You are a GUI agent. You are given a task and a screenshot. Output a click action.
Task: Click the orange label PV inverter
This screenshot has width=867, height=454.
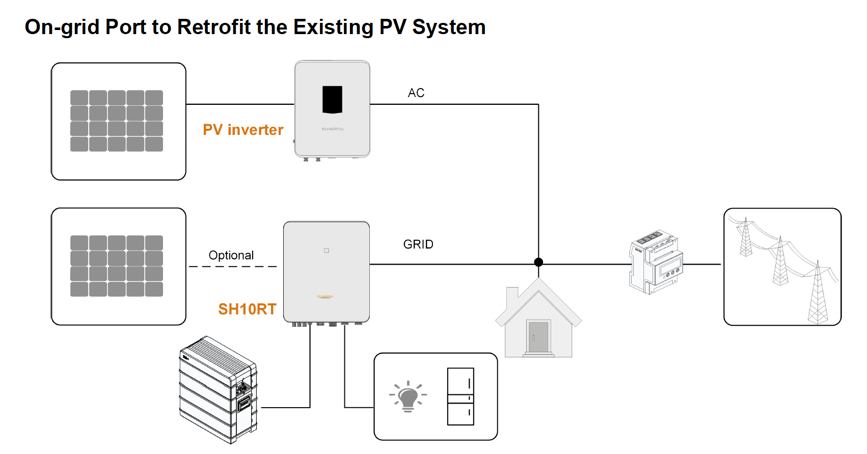click(243, 130)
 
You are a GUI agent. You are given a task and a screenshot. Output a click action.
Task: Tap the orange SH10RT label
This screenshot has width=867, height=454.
click(247, 309)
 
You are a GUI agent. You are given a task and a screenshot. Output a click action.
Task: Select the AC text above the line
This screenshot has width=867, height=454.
click(416, 93)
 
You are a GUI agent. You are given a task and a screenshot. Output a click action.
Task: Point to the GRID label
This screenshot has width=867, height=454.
click(418, 244)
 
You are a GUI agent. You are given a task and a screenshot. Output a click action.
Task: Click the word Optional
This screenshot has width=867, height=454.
click(231, 255)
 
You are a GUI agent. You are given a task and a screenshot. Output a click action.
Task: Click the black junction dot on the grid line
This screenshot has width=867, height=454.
click(538, 262)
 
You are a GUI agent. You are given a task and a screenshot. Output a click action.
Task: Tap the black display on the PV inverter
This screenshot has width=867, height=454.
click(332, 99)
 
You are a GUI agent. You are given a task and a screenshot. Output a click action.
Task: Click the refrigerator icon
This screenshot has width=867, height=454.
click(460, 396)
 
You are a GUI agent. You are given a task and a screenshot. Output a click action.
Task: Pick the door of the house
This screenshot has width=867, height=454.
click(538, 336)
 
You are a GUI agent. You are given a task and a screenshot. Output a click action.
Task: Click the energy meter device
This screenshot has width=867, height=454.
click(656, 262)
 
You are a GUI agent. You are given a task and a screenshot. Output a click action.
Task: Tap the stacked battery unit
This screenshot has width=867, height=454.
click(218, 389)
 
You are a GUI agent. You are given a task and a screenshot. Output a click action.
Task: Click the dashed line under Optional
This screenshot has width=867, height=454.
click(233, 266)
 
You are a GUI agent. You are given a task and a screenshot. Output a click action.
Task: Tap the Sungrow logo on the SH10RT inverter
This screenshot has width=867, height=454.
click(325, 296)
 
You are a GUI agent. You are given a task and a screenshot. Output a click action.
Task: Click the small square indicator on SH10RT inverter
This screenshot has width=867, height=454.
click(327, 250)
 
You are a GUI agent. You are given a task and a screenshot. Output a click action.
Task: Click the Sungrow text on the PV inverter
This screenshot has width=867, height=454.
click(332, 129)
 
